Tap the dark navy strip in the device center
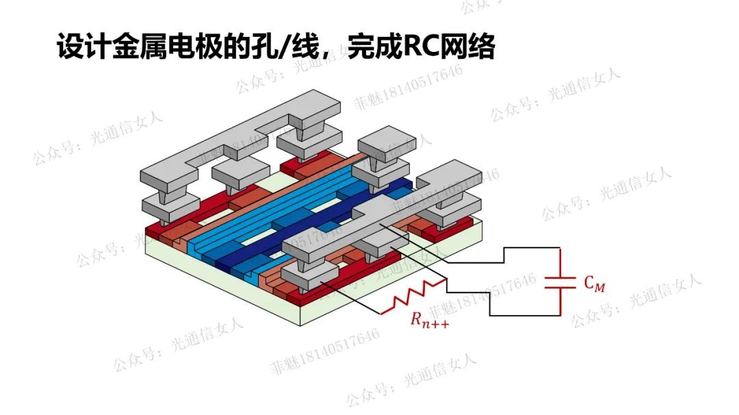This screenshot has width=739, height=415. (308, 226)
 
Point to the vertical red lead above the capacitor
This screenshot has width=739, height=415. (560, 263)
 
